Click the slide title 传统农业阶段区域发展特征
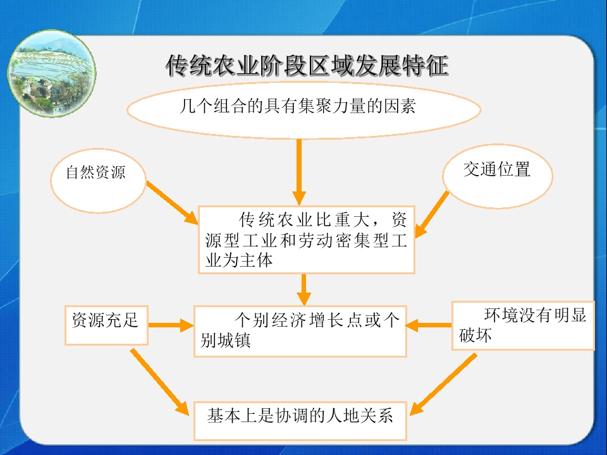click(307, 65)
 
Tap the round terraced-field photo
click(51, 73)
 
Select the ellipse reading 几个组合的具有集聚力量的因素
click(304, 109)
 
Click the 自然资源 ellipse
click(99, 180)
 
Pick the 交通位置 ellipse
click(498, 176)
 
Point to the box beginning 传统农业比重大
click(306, 240)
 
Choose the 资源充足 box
click(106, 325)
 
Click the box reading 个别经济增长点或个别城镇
click(300, 331)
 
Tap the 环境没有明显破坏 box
click(523, 326)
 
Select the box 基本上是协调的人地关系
click(300, 421)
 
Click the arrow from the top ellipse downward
click(299, 172)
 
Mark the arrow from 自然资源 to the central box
click(173, 203)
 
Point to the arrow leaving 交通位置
click(432, 214)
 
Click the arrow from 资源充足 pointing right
click(171, 325)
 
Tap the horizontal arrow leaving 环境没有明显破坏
click(429, 325)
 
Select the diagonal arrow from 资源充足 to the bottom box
click(160, 382)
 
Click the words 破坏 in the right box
click(475, 336)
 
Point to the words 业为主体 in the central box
click(239, 260)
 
